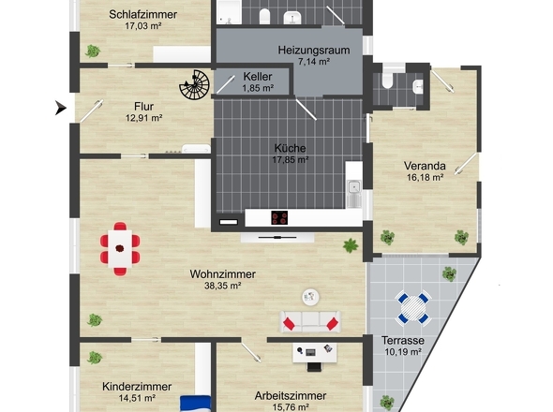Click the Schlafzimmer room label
click(142, 14)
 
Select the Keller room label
click(257, 76)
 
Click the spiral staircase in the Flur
click(196, 86)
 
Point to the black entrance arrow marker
click(61, 108)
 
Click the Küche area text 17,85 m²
click(291, 159)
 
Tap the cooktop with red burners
click(279, 218)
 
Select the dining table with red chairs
click(120, 248)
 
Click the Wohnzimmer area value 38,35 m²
click(223, 287)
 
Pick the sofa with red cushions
click(309, 320)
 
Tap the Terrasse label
click(403, 340)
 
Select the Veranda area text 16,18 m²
click(424, 177)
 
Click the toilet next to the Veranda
click(416, 86)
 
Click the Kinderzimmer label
click(137, 386)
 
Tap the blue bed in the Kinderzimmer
click(195, 402)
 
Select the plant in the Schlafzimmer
click(92, 51)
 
